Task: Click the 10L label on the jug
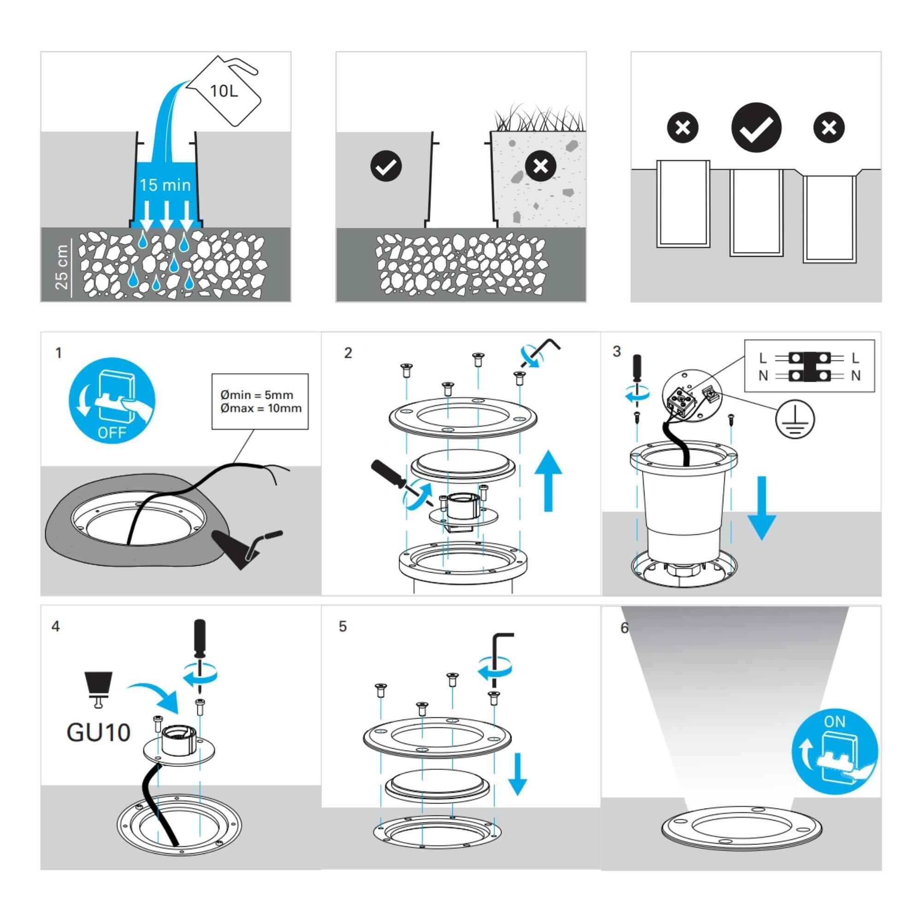click(x=224, y=91)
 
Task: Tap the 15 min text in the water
click(x=165, y=185)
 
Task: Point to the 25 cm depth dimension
click(x=62, y=268)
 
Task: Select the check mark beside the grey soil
click(x=385, y=166)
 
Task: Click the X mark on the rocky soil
click(x=540, y=166)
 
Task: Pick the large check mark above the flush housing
click(x=756, y=127)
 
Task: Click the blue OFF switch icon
click(x=112, y=400)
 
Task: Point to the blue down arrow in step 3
click(x=762, y=508)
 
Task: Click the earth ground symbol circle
click(x=795, y=419)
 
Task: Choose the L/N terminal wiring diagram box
click(x=810, y=366)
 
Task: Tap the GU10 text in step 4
click(x=98, y=733)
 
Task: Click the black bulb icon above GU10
click(x=98, y=686)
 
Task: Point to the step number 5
click(x=343, y=626)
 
